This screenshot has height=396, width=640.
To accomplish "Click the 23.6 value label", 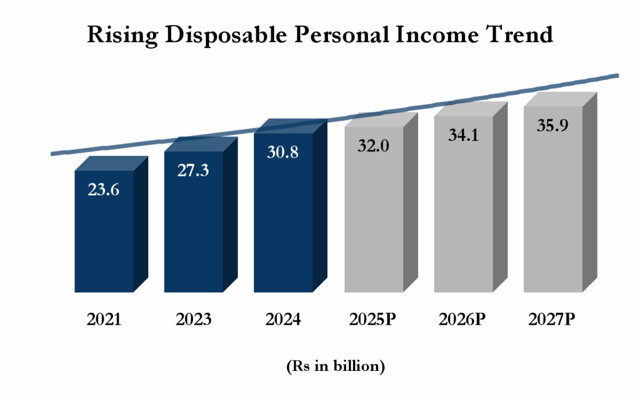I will point(103,190).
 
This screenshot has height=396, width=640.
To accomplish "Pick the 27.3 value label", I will point(193,171).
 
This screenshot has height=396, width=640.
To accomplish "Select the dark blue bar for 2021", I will point(103,244).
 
